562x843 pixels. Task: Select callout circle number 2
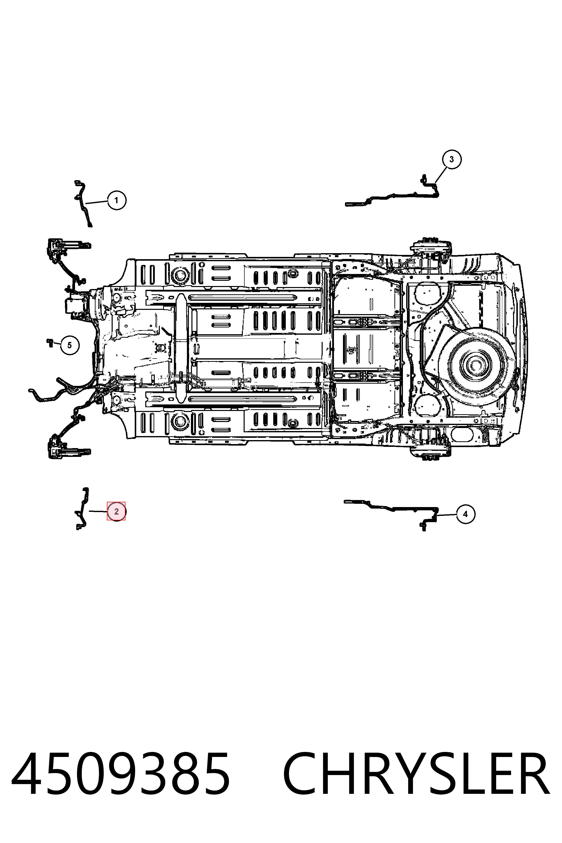(116, 512)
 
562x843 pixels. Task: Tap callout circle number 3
(451, 159)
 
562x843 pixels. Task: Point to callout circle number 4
(465, 514)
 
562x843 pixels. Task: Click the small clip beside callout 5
(50, 342)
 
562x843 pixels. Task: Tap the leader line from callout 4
(447, 514)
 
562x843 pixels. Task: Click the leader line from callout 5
(57, 344)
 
